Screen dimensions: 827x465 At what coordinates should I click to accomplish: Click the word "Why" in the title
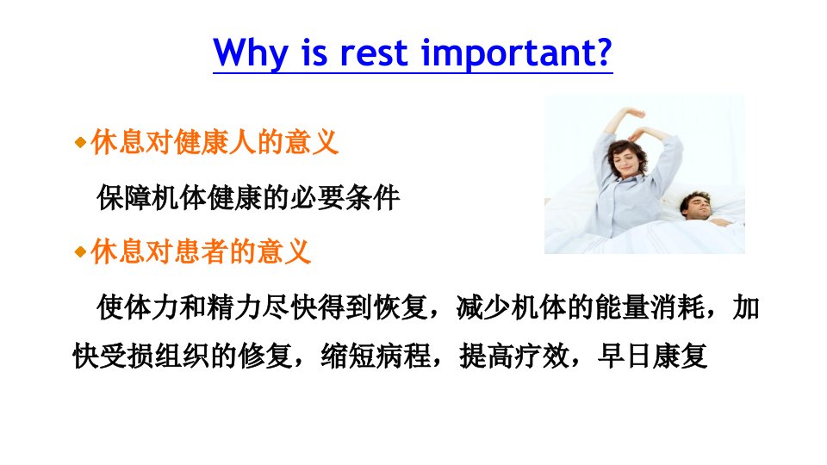click(251, 53)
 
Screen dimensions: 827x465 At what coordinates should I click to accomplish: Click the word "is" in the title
click(314, 53)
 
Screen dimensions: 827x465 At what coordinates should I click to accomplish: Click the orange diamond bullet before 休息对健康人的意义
click(81, 142)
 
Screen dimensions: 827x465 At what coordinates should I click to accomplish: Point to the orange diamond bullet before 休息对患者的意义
click(81, 251)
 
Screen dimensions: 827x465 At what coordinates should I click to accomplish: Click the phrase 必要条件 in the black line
click(345, 198)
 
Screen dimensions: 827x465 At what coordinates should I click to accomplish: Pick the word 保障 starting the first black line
click(124, 198)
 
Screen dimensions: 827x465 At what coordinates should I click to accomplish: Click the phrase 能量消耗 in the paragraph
click(650, 307)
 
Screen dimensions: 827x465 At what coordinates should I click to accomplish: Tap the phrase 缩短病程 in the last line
click(376, 356)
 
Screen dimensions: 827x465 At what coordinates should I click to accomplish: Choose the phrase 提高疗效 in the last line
click(514, 356)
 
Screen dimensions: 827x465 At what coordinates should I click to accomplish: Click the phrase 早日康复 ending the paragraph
click(652, 356)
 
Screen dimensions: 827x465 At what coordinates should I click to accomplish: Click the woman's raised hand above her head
click(634, 112)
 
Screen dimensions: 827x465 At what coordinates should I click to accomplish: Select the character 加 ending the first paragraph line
click(746, 307)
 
